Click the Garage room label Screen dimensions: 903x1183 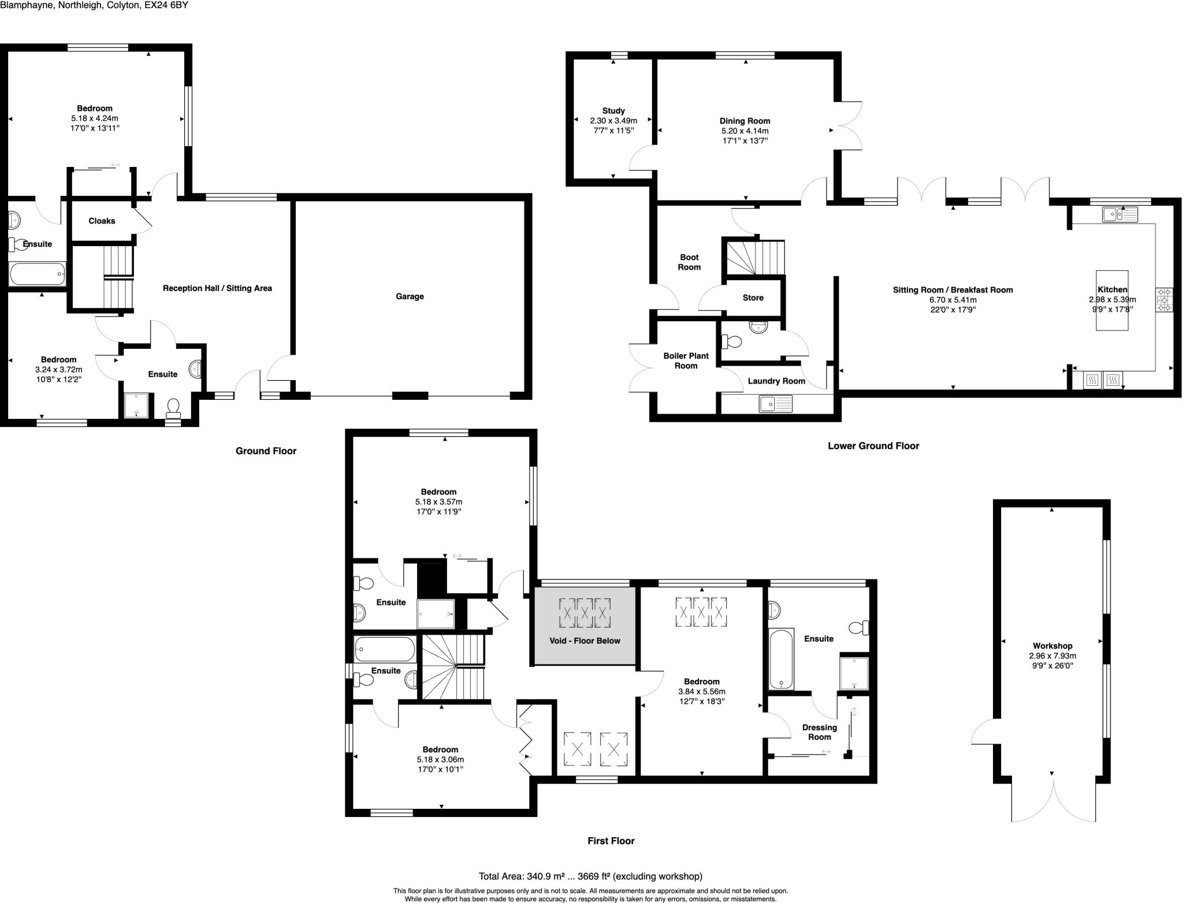(x=410, y=296)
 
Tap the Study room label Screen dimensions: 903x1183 (x=613, y=111)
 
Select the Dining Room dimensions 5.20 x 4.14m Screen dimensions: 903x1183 (x=745, y=131)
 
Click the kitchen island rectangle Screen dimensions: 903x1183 (x=1112, y=300)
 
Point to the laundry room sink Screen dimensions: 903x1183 (x=776, y=404)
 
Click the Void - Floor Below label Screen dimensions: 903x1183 (x=585, y=641)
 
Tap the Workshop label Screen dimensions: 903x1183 (x=1052, y=646)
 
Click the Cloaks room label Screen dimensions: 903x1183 (x=102, y=221)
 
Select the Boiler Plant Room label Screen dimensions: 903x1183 (x=686, y=361)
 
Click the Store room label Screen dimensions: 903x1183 (x=753, y=298)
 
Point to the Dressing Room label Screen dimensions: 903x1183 (x=819, y=732)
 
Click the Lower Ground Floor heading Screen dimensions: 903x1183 (x=873, y=446)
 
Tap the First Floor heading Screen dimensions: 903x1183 (x=611, y=841)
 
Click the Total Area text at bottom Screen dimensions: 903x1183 (x=590, y=876)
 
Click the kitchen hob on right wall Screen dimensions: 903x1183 (x=1164, y=300)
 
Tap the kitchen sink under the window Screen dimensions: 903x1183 (x=1119, y=215)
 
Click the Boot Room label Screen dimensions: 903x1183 (x=689, y=262)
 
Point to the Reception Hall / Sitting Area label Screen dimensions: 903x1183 (x=217, y=288)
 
